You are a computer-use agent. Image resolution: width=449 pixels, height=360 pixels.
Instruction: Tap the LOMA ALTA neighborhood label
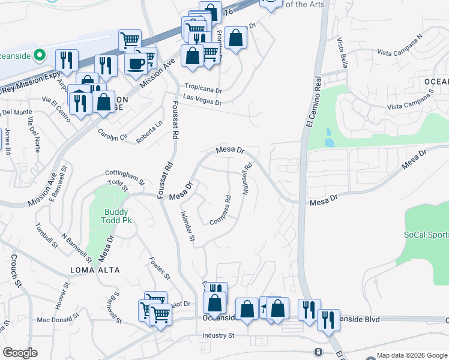[94, 270]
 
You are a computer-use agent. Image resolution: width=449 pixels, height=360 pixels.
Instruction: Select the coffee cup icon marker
[136, 64]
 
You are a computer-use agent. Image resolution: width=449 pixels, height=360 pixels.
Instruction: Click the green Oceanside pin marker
[40, 56]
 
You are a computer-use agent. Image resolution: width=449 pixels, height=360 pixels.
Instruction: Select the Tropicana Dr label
[203, 86]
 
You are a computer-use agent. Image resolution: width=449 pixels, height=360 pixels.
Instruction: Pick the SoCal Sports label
[426, 235]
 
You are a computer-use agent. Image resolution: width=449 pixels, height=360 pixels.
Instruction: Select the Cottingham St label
[125, 175]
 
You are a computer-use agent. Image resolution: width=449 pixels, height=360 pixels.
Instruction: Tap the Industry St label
[218, 335]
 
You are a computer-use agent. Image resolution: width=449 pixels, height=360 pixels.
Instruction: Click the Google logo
[20, 353]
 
